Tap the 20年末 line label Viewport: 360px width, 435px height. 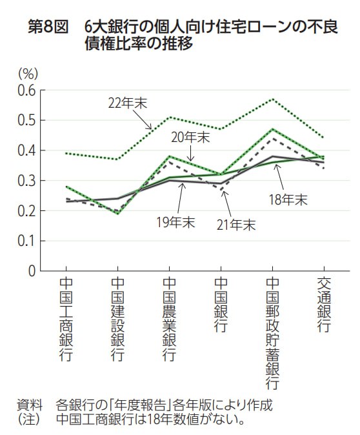[191, 137]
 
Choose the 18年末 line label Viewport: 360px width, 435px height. [288, 199]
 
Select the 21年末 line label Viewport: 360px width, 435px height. [235, 225]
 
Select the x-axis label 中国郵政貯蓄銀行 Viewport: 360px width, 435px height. [273, 334]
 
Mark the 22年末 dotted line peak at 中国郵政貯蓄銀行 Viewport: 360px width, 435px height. [273, 99]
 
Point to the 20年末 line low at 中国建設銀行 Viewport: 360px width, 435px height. [117, 213]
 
